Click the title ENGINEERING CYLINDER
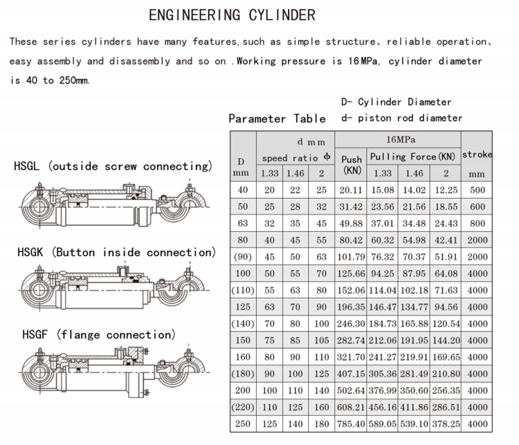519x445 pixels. click(x=232, y=15)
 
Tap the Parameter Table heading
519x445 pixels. click(x=277, y=118)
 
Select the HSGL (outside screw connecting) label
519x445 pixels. click(x=113, y=166)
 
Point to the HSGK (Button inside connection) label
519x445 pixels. click(x=116, y=252)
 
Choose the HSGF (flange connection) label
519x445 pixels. click(x=94, y=335)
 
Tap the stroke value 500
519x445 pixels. click(x=477, y=190)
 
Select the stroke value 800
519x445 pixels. click(x=477, y=223)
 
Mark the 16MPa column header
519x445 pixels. click(x=397, y=140)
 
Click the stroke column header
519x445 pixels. click(x=477, y=154)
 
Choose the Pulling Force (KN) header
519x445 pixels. click(x=413, y=157)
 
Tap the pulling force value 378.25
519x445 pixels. click(x=445, y=423)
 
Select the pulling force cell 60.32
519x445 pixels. click(x=383, y=239)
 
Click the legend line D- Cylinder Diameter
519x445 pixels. click(x=396, y=102)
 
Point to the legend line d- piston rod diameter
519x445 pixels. click(x=401, y=118)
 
